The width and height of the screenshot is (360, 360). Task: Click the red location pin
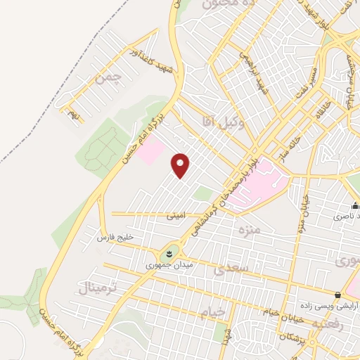(181, 165)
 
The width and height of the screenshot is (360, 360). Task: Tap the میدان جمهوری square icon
(169, 252)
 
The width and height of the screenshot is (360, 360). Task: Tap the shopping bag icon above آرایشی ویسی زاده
(338, 295)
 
